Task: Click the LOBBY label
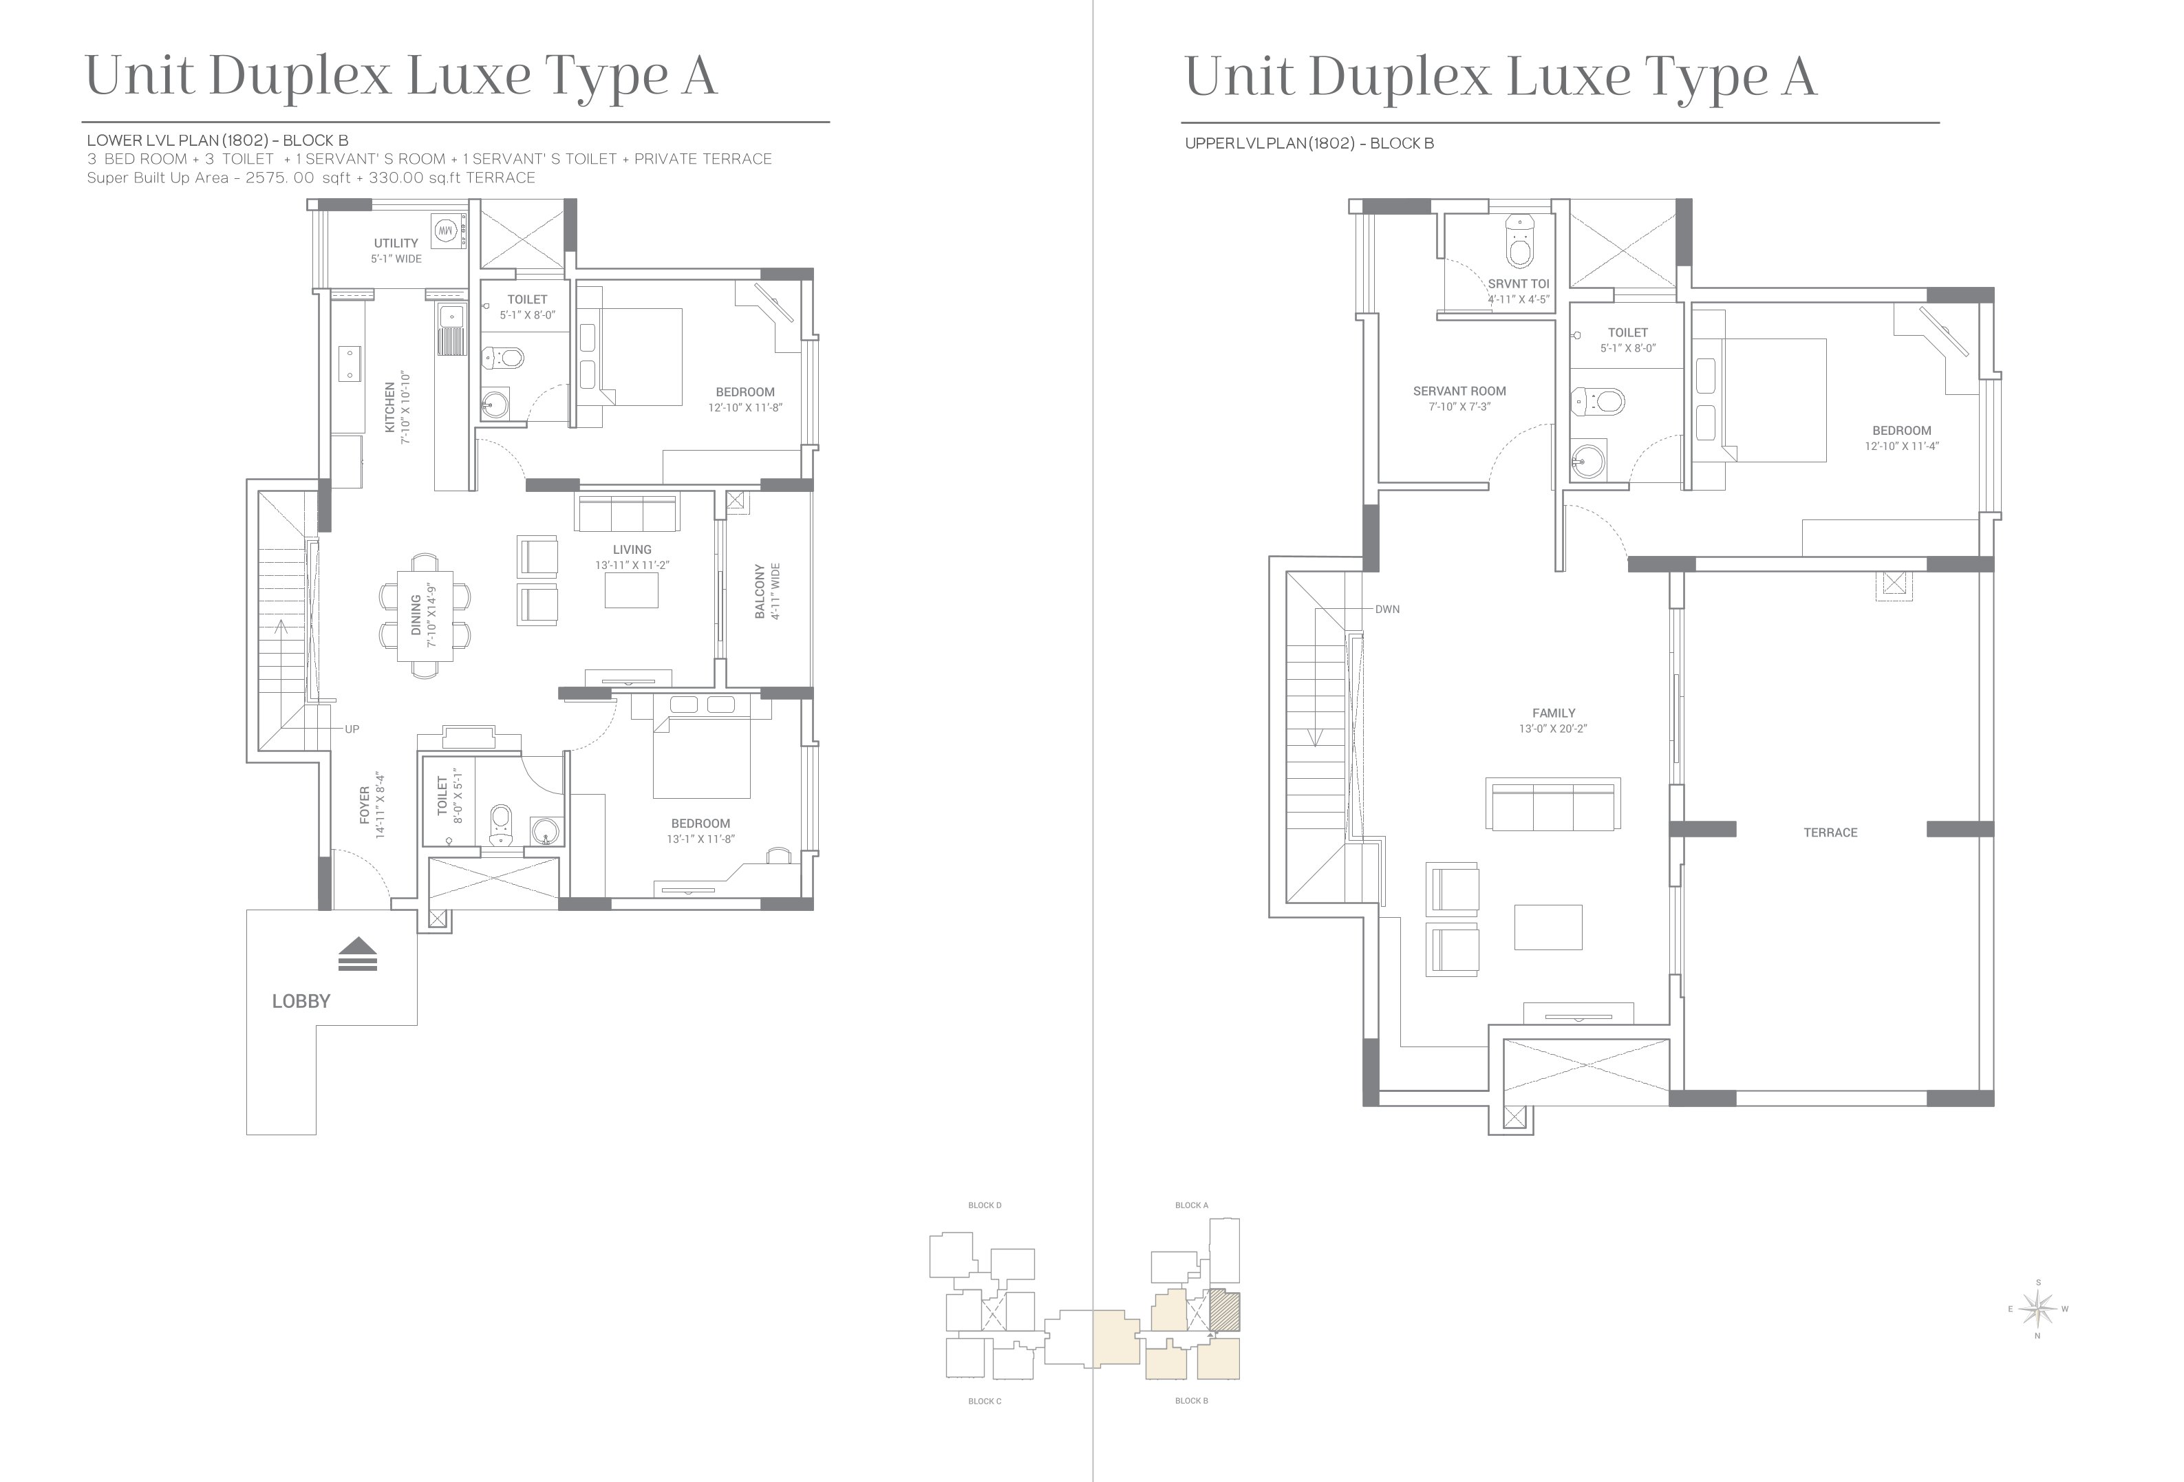pos(301,1002)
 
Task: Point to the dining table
pos(425,616)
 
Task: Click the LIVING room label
pos(632,550)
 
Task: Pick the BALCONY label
pos(760,591)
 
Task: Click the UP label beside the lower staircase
pos(352,729)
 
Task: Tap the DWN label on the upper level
pos(1387,610)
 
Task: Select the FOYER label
pos(365,806)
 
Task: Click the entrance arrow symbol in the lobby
pos(358,954)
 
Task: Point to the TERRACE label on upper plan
pos(1830,833)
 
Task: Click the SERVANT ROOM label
pos(1459,391)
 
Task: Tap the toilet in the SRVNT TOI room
pos(1519,242)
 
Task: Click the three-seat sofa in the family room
pos(1552,804)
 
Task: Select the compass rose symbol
pos(2037,1308)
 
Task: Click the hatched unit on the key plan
pos(1225,1311)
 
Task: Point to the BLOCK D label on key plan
pos(985,1205)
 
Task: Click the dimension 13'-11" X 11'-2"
pos(632,566)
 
